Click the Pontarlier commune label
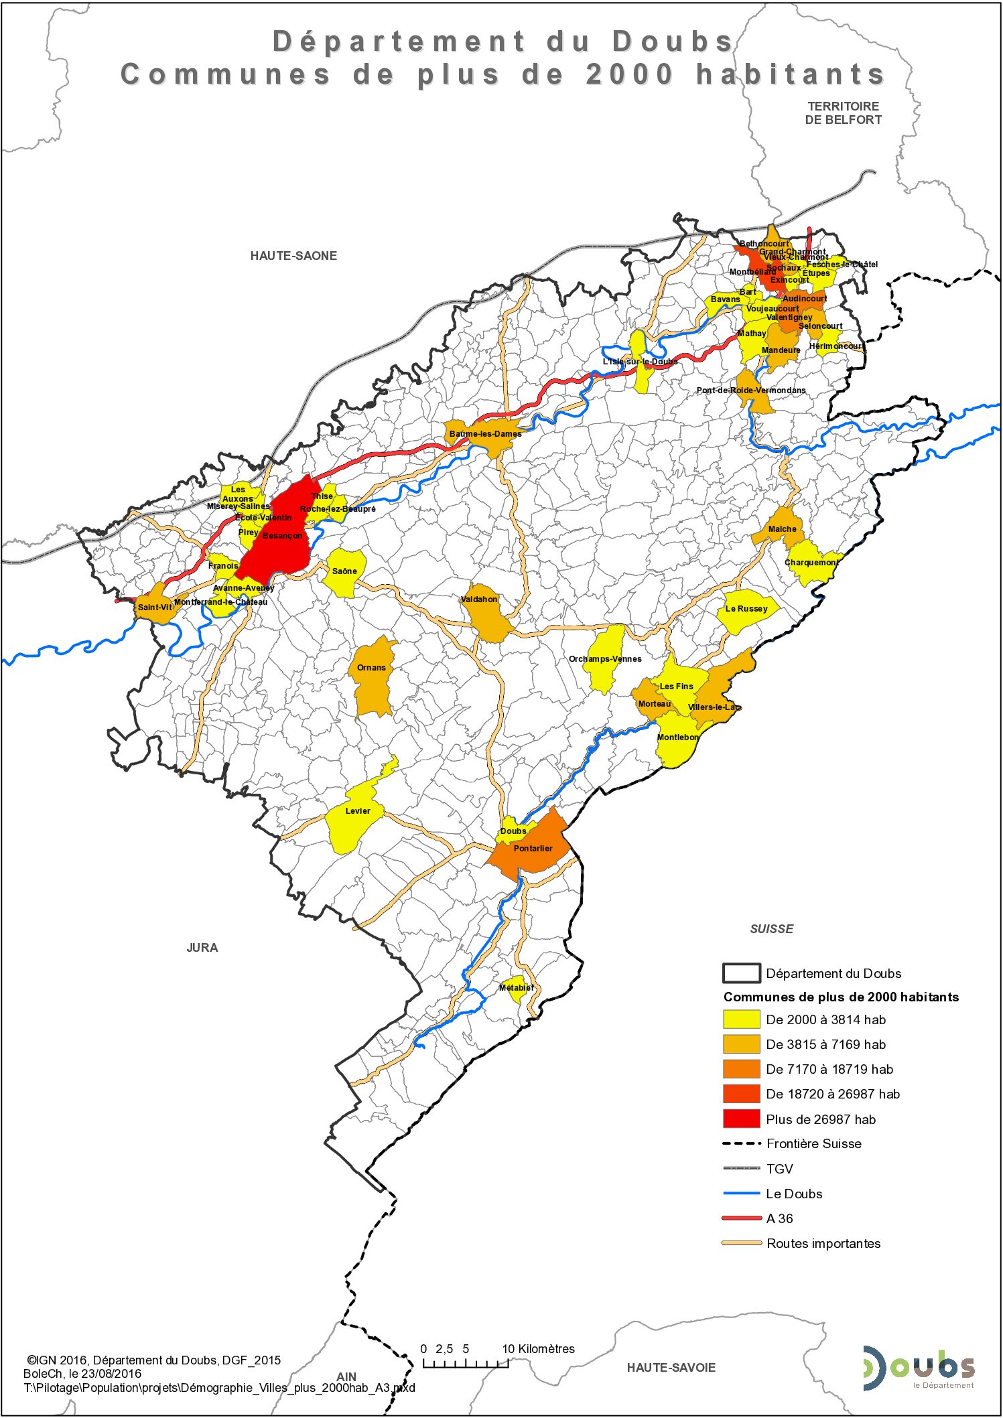click(x=533, y=849)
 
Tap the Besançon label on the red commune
click(x=282, y=536)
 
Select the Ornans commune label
click(x=371, y=668)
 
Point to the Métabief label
click(x=516, y=988)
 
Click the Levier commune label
click(x=358, y=811)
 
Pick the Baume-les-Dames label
click(x=485, y=434)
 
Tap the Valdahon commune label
click(x=479, y=599)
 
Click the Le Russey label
click(x=746, y=609)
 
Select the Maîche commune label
click(x=782, y=529)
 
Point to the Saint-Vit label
click(x=155, y=608)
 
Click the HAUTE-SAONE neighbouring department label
click(x=293, y=256)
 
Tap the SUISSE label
click(x=771, y=929)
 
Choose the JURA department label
click(x=202, y=948)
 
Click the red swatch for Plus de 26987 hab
click(x=741, y=1119)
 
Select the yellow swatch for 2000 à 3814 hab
click(x=741, y=1020)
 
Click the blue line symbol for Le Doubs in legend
click(x=741, y=1194)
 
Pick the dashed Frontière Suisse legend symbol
click(x=741, y=1144)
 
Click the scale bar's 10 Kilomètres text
click(x=539, y=1349)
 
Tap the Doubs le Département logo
click(x=919, y=1368)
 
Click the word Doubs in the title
click(x=673, y=42)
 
